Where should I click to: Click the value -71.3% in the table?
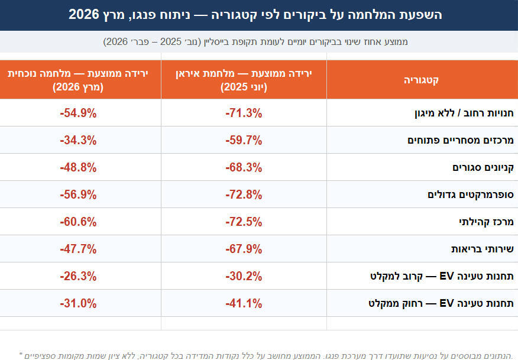tap(244, 113)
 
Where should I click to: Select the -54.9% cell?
tap(78, 113)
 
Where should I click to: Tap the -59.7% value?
tap(244, 140)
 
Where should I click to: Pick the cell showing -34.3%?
tap(78, 140)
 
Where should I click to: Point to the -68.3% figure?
tap(244, 167)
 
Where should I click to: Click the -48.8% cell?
tap(78, 167)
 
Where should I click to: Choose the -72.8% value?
tap(244, 194)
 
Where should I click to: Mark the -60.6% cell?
tap(78, 222)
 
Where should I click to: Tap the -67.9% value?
tap(244, 249)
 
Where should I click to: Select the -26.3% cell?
tap(78, 276)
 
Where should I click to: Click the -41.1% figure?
tap(244, 303)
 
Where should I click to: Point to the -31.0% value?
tap(78, 303)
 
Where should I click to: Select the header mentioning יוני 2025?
tap(244, 80)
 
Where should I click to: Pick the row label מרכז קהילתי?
tap(485, 222)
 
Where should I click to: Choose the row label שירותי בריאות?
tap(482, 249)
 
